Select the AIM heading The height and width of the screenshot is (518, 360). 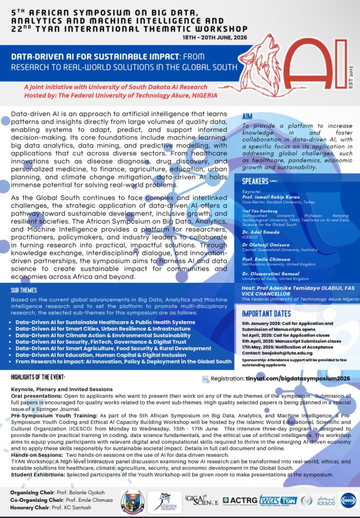tap(250, 116)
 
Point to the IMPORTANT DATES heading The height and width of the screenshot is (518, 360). tap(273, 313)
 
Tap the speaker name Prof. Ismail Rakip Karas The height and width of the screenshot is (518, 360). tap(271, 196)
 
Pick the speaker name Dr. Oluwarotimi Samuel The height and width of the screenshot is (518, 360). tap(272, 274)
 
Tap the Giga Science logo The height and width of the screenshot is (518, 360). tap(202, 500)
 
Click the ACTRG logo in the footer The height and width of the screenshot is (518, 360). tap(239, 500)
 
